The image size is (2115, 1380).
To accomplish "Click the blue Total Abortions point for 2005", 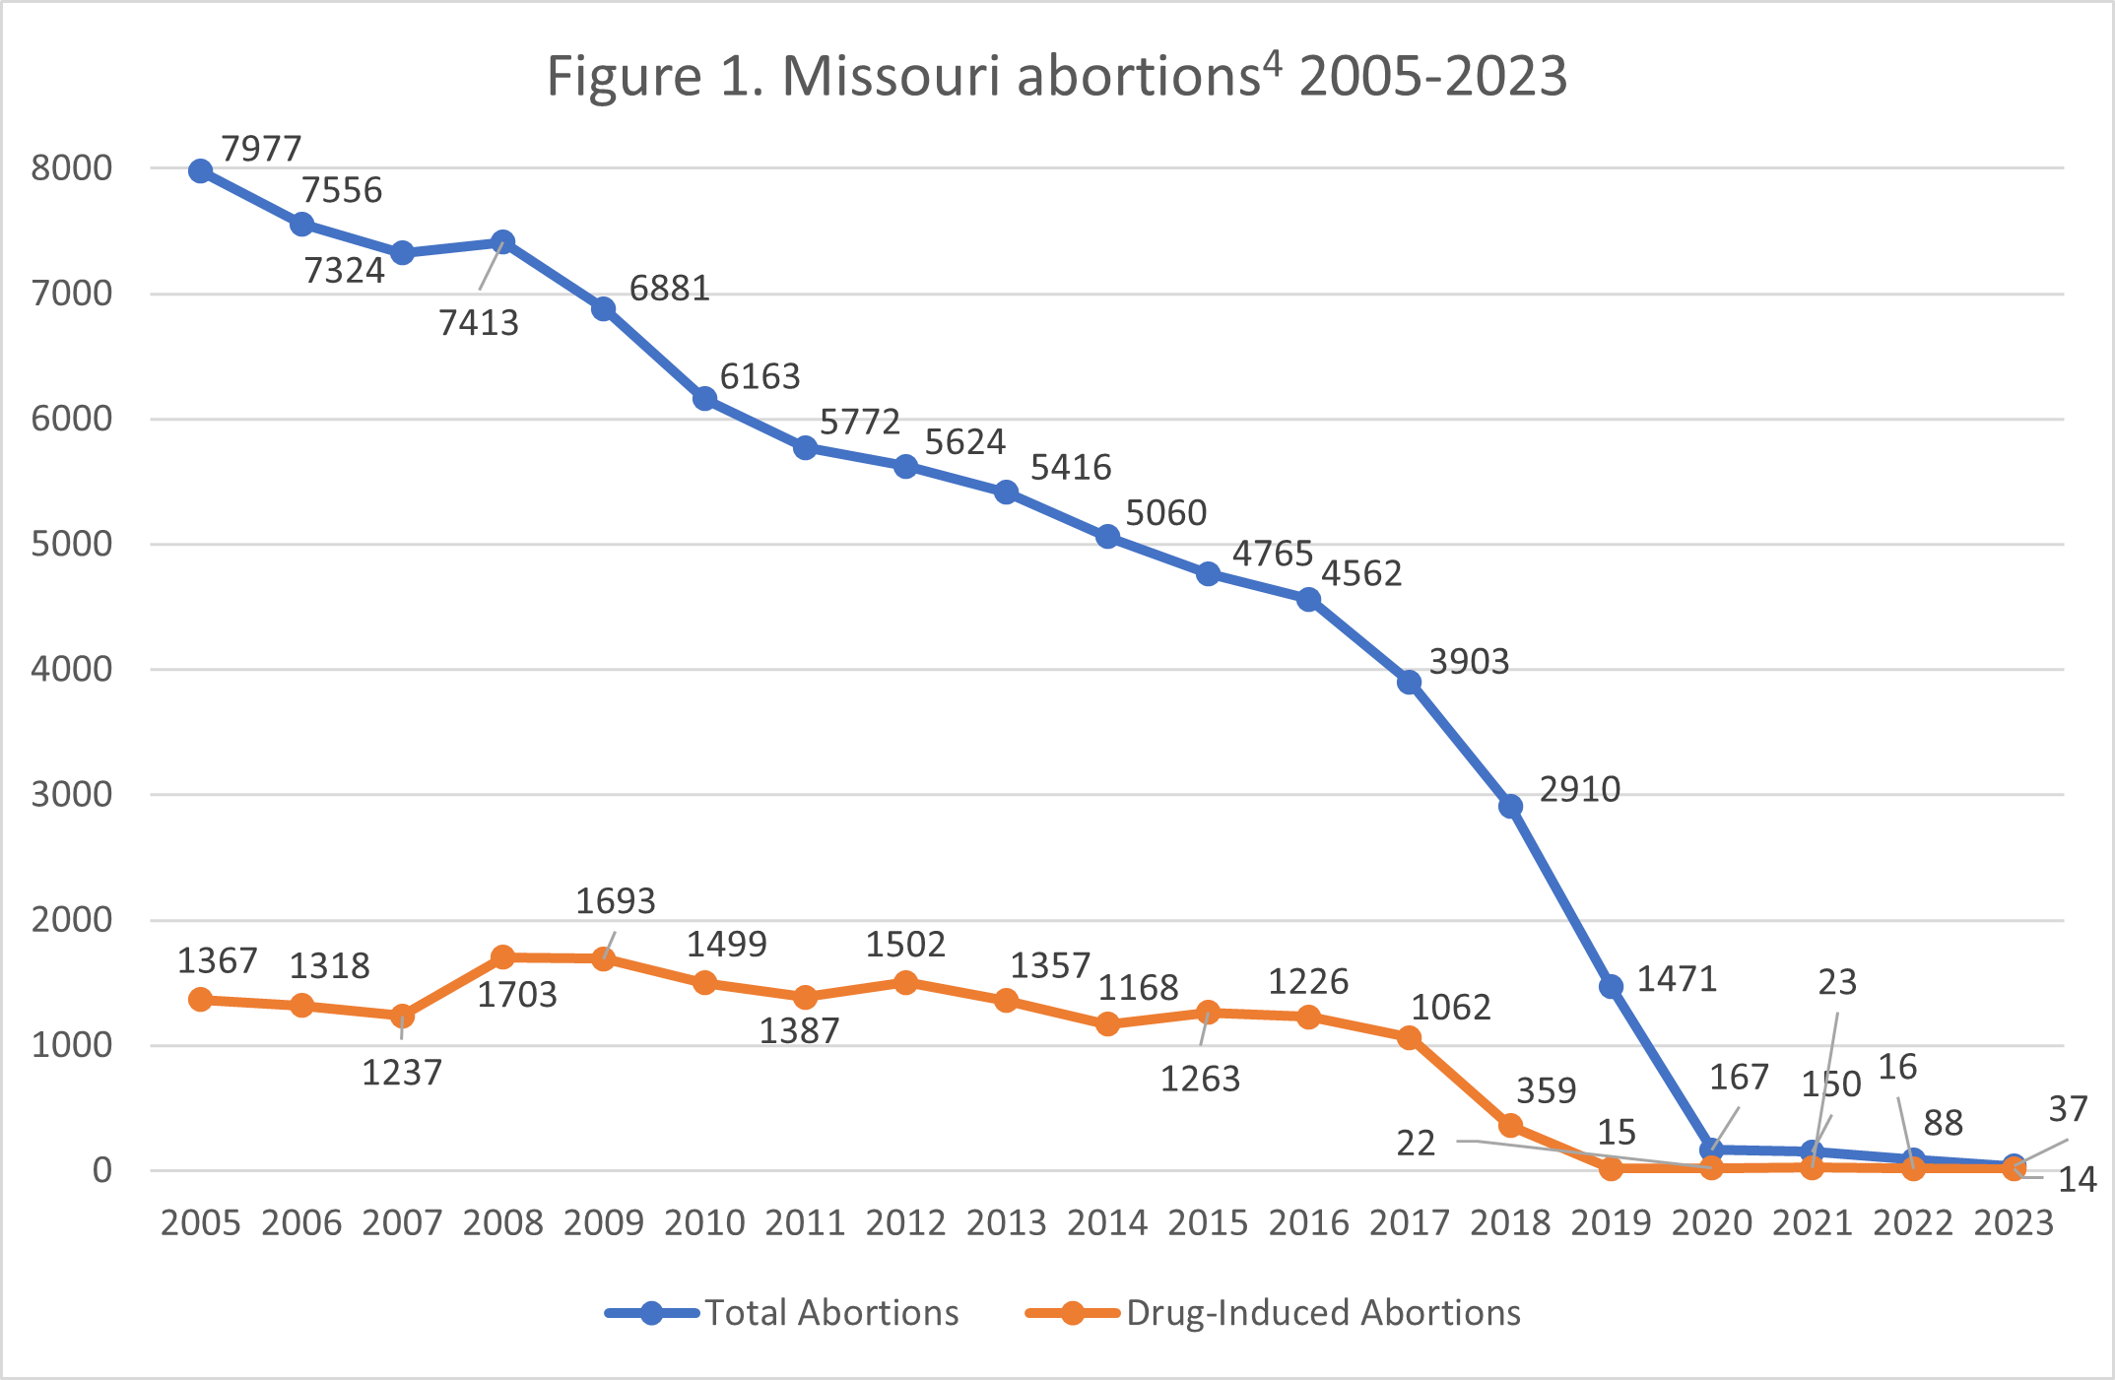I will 201,171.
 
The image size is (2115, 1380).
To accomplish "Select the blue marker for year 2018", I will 1510,807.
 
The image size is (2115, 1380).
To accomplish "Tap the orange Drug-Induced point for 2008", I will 502,956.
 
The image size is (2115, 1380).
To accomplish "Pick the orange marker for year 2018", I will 1510,1125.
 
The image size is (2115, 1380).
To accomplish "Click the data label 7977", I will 261,149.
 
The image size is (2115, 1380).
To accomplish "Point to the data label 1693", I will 615,901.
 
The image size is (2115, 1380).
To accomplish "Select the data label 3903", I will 1469,662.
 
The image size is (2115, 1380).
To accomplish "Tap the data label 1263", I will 1200,1080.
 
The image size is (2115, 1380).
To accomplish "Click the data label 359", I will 1546,1090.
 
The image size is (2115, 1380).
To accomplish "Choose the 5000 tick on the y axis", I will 72,544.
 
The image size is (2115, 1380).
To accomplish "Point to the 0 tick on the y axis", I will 102,1170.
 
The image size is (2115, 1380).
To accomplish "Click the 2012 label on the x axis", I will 905,1223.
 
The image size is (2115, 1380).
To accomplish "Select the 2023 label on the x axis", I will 2014,1223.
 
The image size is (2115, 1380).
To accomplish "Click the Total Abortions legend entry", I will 830,1313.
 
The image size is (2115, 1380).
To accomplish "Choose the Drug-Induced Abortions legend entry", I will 1322,1313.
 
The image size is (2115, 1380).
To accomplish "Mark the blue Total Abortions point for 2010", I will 704,399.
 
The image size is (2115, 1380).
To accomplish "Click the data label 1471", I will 1677,979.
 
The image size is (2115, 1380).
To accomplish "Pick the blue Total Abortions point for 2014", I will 1107,537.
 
